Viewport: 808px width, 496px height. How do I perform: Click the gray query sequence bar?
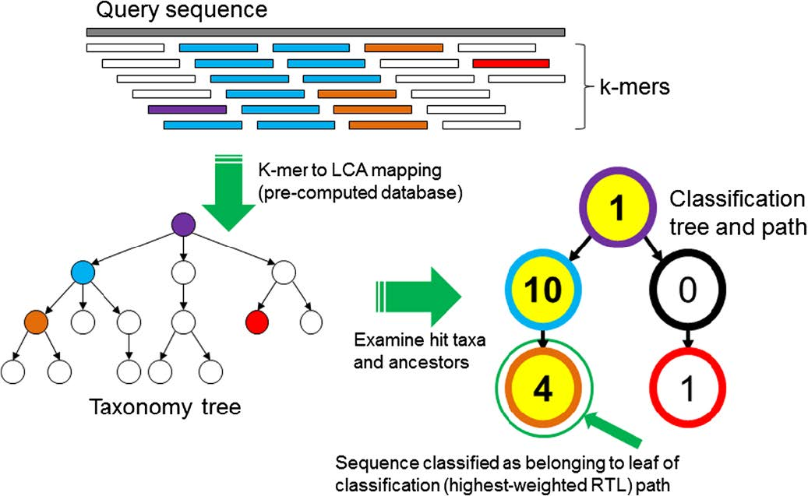click(x=325, y=32)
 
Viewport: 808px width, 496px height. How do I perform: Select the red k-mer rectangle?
click(x=510, y=63)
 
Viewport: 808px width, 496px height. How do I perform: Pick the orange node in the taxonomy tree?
click(x=36, y=321)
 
